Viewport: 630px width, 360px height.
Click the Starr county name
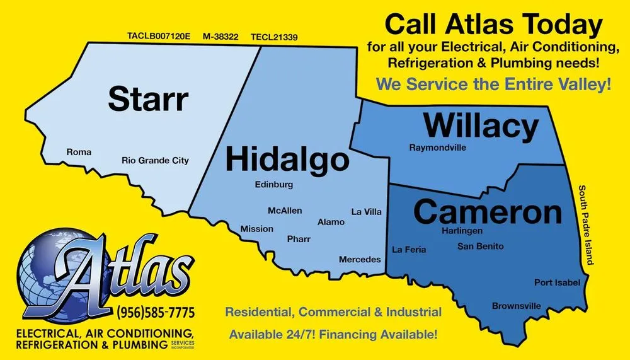148,99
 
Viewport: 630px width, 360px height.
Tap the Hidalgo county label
287,159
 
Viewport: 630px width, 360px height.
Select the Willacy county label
481,126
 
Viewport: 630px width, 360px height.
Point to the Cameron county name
488,212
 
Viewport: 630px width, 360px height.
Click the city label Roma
79,153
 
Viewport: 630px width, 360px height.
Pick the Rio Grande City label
155,161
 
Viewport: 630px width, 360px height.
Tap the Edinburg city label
274,185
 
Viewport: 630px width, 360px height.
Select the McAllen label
285,211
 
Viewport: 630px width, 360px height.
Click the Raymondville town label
438,148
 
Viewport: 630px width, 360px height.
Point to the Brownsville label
517,306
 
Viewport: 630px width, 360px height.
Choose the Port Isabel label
557,282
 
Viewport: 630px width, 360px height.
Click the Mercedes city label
360,260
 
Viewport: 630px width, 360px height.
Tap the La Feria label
409,250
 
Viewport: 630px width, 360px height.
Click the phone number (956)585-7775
155,312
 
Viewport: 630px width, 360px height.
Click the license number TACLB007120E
159,37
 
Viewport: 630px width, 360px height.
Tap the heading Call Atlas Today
493,25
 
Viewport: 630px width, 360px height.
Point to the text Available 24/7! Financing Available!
333,334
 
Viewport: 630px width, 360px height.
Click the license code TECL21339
274,37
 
